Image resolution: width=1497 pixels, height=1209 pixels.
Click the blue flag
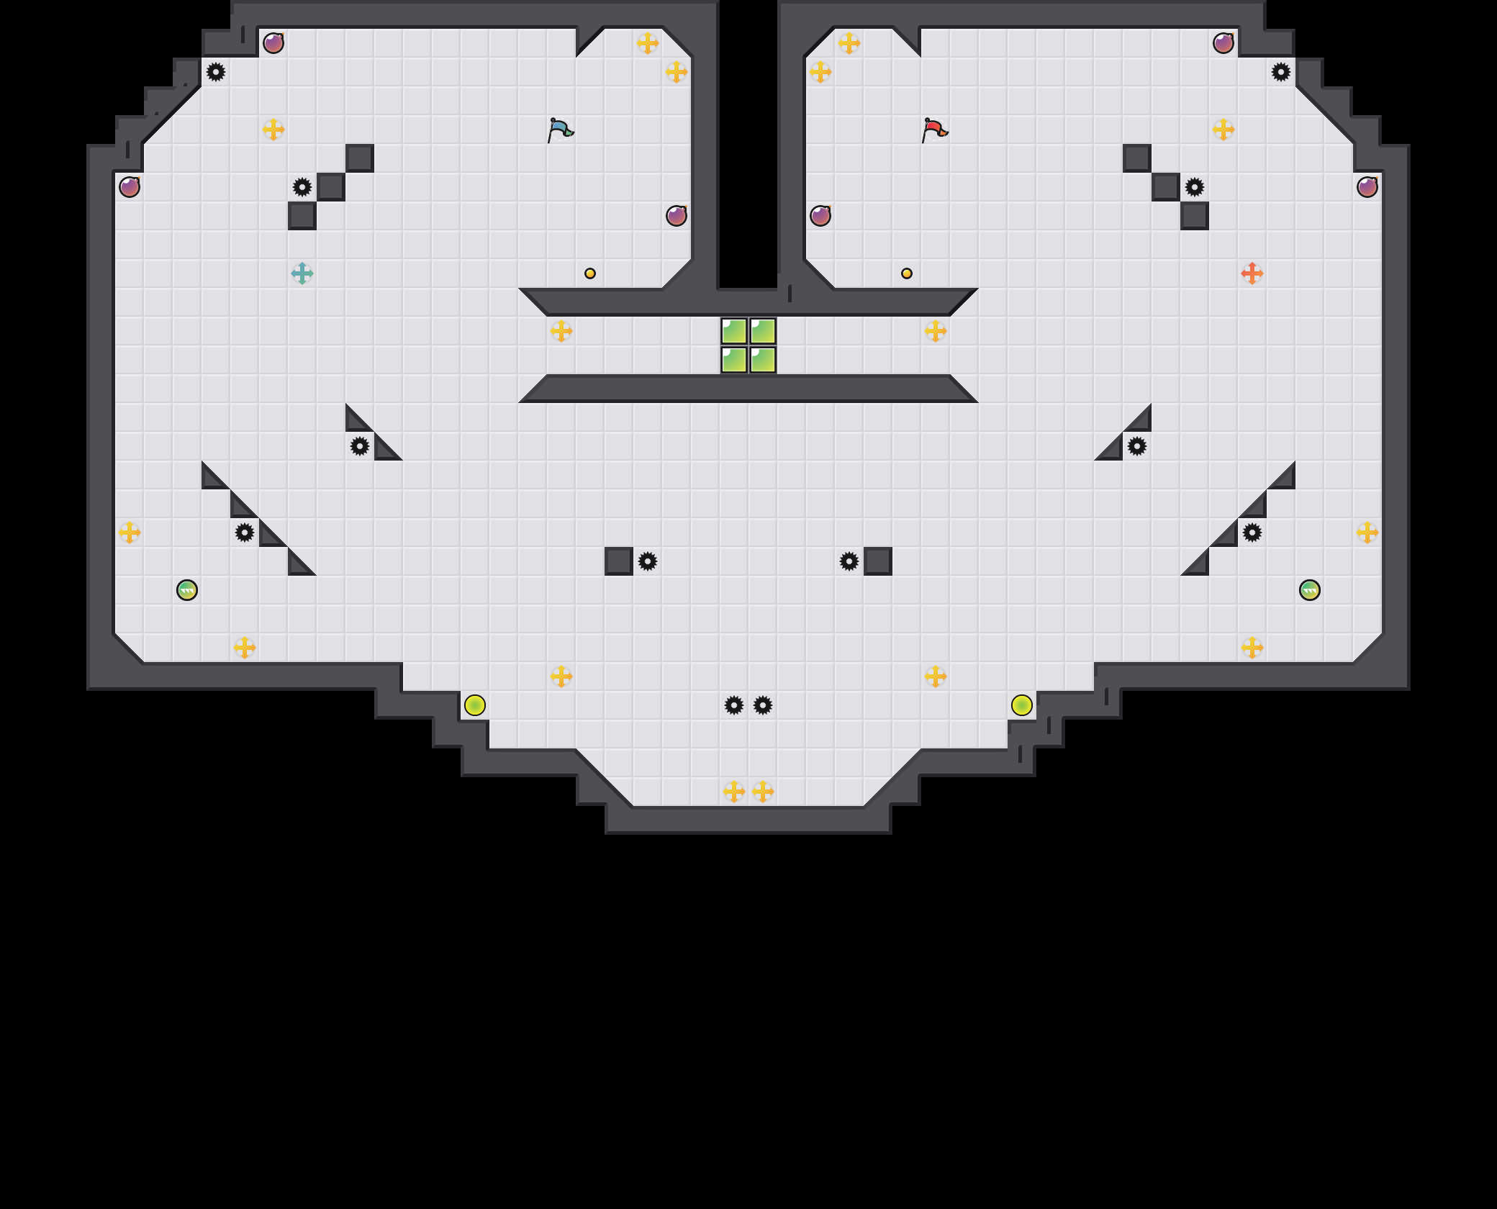coord(560,130)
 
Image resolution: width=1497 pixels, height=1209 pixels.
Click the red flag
coord(934,130)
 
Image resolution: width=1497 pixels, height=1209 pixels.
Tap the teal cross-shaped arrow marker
coord(302,273)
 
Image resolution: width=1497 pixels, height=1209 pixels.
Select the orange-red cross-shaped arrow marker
coord(1252,273)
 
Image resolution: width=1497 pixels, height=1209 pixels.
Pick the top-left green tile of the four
coord(734,331)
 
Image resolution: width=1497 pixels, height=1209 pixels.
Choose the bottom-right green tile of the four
coord(763,360)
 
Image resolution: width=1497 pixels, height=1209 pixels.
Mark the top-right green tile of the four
coord(763,331)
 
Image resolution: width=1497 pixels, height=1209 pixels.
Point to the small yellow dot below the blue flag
coord(590,273)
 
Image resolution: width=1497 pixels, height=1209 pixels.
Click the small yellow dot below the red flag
coord(907,273)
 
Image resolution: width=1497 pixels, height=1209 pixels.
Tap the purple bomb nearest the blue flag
coord(677,216)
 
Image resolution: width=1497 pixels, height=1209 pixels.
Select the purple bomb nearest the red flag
coord(820,216)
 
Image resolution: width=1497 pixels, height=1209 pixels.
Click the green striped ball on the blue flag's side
coord(187,590)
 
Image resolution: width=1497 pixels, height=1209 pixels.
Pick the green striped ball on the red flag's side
coord(1310,590)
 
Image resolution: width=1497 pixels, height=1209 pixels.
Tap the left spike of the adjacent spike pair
coord(734,705)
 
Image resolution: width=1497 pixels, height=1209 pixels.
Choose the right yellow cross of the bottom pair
coord(763,792)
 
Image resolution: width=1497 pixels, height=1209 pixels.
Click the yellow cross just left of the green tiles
coord(561,331)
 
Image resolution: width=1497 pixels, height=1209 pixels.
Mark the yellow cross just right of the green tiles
coord(936,331)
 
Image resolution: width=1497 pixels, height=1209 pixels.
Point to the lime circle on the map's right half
coord(1022,705)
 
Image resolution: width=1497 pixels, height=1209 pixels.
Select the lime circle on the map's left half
coord(475,705)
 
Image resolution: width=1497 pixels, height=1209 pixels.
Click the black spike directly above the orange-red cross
coord(1195,187)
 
